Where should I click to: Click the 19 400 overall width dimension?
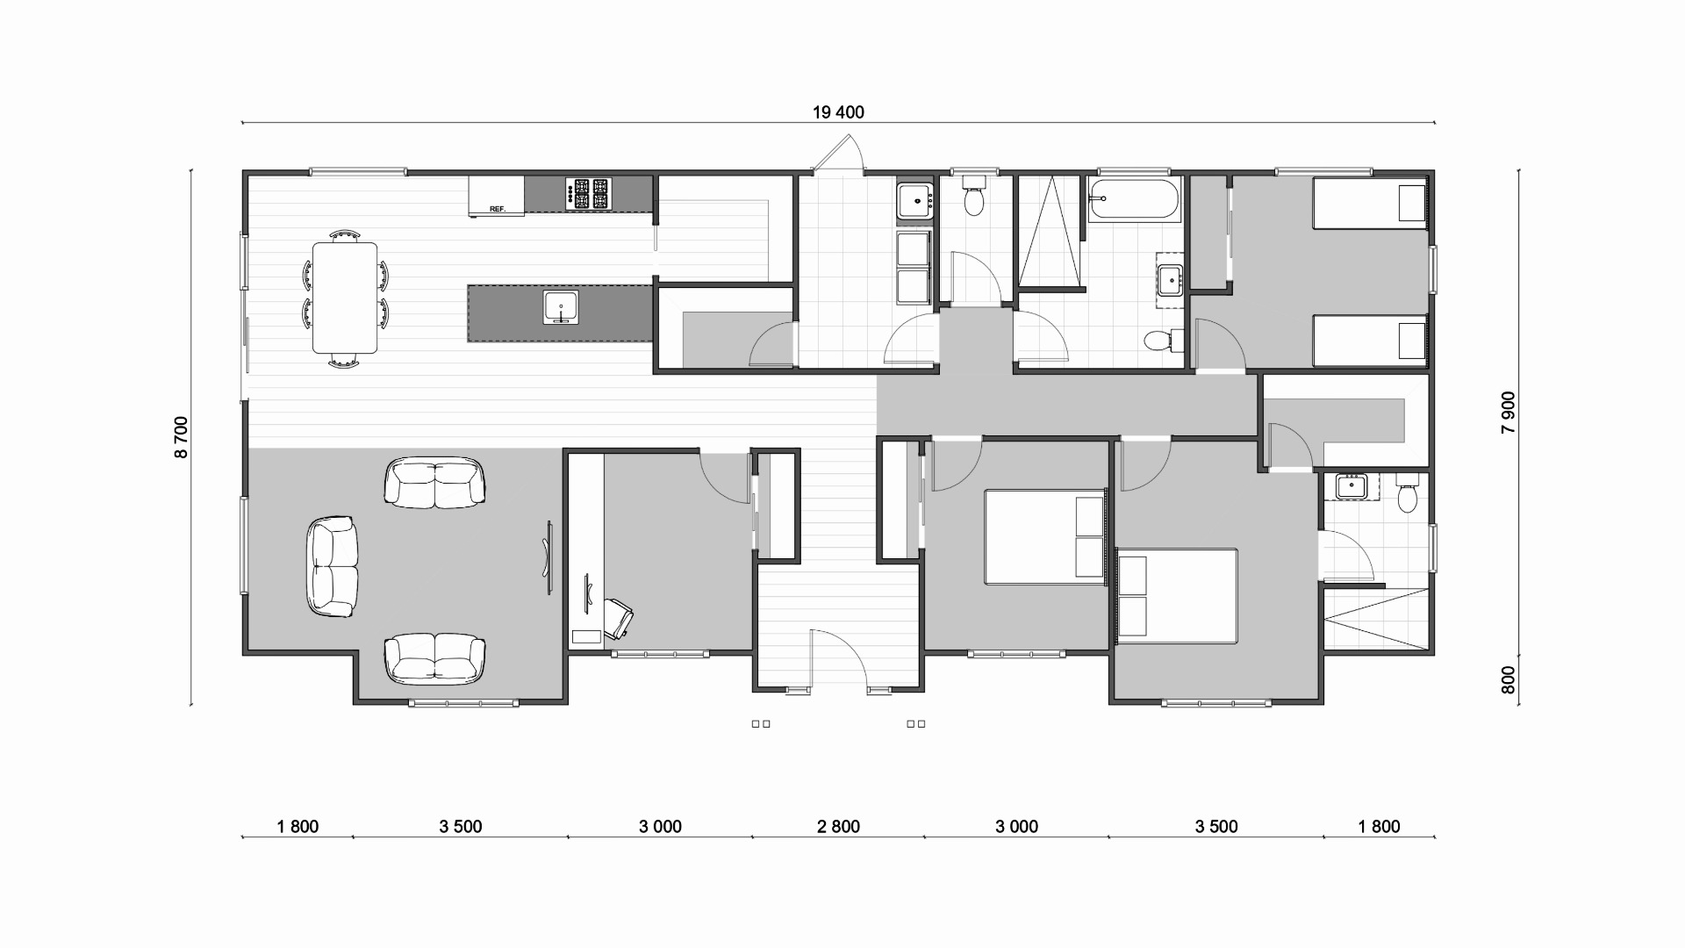tap(838, 112)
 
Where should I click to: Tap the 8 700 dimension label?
tap(182, 437)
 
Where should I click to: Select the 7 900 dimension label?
tap(1508, 413)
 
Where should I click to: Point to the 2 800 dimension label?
tap(838, 826)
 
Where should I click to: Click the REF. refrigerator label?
tap(498, 209)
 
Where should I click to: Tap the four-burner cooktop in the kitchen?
tap(587, 194)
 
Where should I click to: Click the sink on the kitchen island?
tap(560, 307)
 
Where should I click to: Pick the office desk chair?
tap(619, 618)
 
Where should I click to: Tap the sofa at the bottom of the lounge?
tap(434, 659)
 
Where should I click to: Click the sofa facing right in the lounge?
tap(333, 567)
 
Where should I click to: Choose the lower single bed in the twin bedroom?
tap(1369, 341)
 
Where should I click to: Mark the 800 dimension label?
tap(1508, 680)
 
